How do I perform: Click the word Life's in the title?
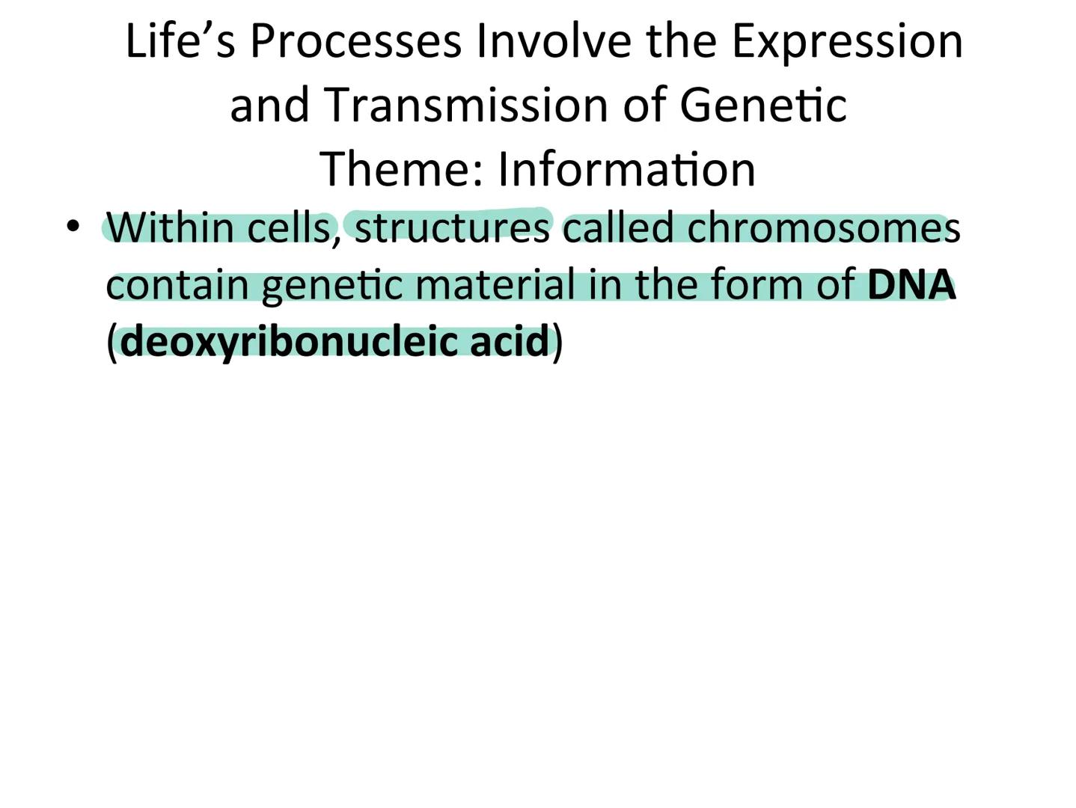pyautogui.click(x=180, y=40)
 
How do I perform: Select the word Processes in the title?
pyautogui.click(x=355, y=42)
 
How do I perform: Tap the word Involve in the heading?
pyautogui.click(x=554, y=40)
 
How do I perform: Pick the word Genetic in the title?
pyautogui.click(x=763, y=105)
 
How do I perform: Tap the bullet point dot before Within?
pyautogui.click(x=73, y=225)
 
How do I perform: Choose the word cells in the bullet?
pyautogui.click(x=288, y=227)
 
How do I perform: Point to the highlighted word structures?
pyautogui.click(x=451, y=227)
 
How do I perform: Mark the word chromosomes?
pyautogui.click(x=823, y=227)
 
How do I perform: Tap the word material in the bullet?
pyautogui.click(x=495, y=285)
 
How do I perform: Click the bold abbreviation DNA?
pyautogui.click(x=911, y=285)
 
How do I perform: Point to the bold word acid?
pyautogui.click(x=510, y=341)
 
